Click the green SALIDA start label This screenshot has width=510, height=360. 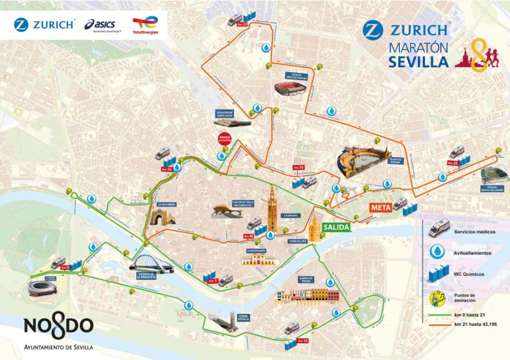[336, 228]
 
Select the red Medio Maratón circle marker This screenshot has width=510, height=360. [224, 139]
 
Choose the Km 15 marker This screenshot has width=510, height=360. [66, 267]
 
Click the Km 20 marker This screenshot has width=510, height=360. [167, 169]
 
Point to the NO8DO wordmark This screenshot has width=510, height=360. [58, 327]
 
